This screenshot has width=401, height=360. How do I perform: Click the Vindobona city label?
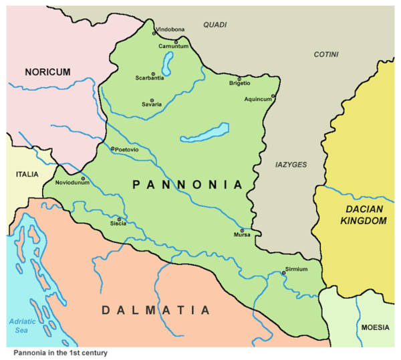[171, 30]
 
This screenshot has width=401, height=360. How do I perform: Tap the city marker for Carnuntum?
[176, 41]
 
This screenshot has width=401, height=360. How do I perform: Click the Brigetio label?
[239, 83]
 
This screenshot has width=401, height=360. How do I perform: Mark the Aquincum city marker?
[273, 96]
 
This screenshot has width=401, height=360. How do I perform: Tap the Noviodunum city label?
[71, 183]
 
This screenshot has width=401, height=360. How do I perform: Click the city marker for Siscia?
[120, 219]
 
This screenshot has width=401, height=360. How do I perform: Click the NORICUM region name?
[47, 71]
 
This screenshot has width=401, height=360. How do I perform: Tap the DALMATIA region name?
[156, 310]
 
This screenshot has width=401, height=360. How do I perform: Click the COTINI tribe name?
[327, 54]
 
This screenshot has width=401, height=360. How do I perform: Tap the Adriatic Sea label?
[21, 325]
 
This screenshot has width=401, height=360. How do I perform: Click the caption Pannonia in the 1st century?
[60, 352]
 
